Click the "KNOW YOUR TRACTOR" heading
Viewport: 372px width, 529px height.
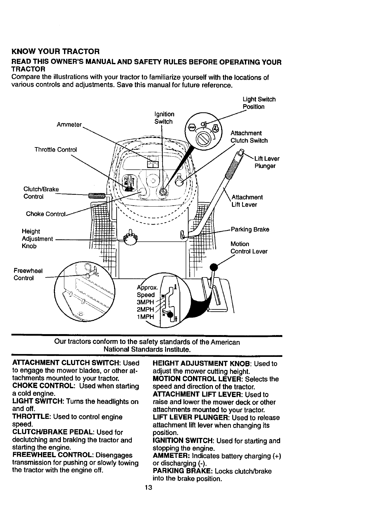pos(55,51)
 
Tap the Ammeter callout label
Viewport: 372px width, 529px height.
pos(69,125)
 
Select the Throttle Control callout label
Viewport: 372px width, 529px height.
pos(55,149)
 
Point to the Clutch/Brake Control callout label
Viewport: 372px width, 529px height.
pos(41,193)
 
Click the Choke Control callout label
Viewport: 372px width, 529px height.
pos(46,214)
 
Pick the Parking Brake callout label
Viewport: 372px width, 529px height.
pos(250,229)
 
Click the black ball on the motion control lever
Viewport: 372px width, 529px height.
pos(215,267)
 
